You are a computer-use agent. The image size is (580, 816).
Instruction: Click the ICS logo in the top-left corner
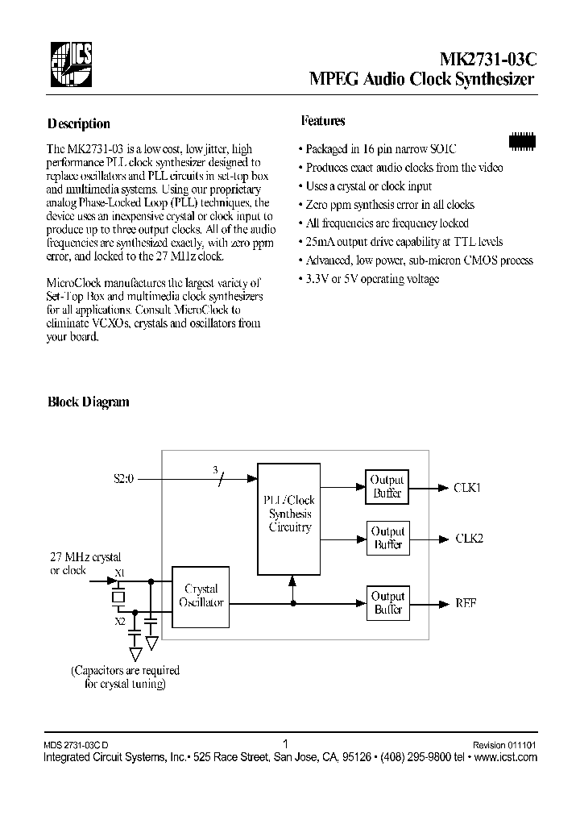(x=68, y=65)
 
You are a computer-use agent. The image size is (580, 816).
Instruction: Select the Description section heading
(x=78, y=124)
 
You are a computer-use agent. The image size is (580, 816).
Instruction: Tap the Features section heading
(x=323, y=121)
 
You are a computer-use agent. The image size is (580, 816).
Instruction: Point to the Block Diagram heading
(x=88, y=402)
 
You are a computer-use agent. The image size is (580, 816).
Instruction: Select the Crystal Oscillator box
(x=201, y=596)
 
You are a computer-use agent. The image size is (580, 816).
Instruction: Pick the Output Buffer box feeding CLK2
(x=387, y=538)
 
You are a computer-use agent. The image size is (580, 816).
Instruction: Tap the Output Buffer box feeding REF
(x=387, y=603)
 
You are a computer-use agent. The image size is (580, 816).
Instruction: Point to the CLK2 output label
(x=470, y=539)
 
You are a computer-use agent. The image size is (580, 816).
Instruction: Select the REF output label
(x=466, y=603)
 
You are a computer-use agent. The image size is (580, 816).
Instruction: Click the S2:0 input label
(x=126, y=478)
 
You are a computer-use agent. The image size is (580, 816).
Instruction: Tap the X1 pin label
(x=120, y=572)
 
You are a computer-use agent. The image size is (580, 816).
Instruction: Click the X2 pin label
(x=119, y=621)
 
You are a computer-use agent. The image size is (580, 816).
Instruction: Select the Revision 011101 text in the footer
(x=504, y=746)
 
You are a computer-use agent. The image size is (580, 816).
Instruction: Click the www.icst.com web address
(x=506, y=757)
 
